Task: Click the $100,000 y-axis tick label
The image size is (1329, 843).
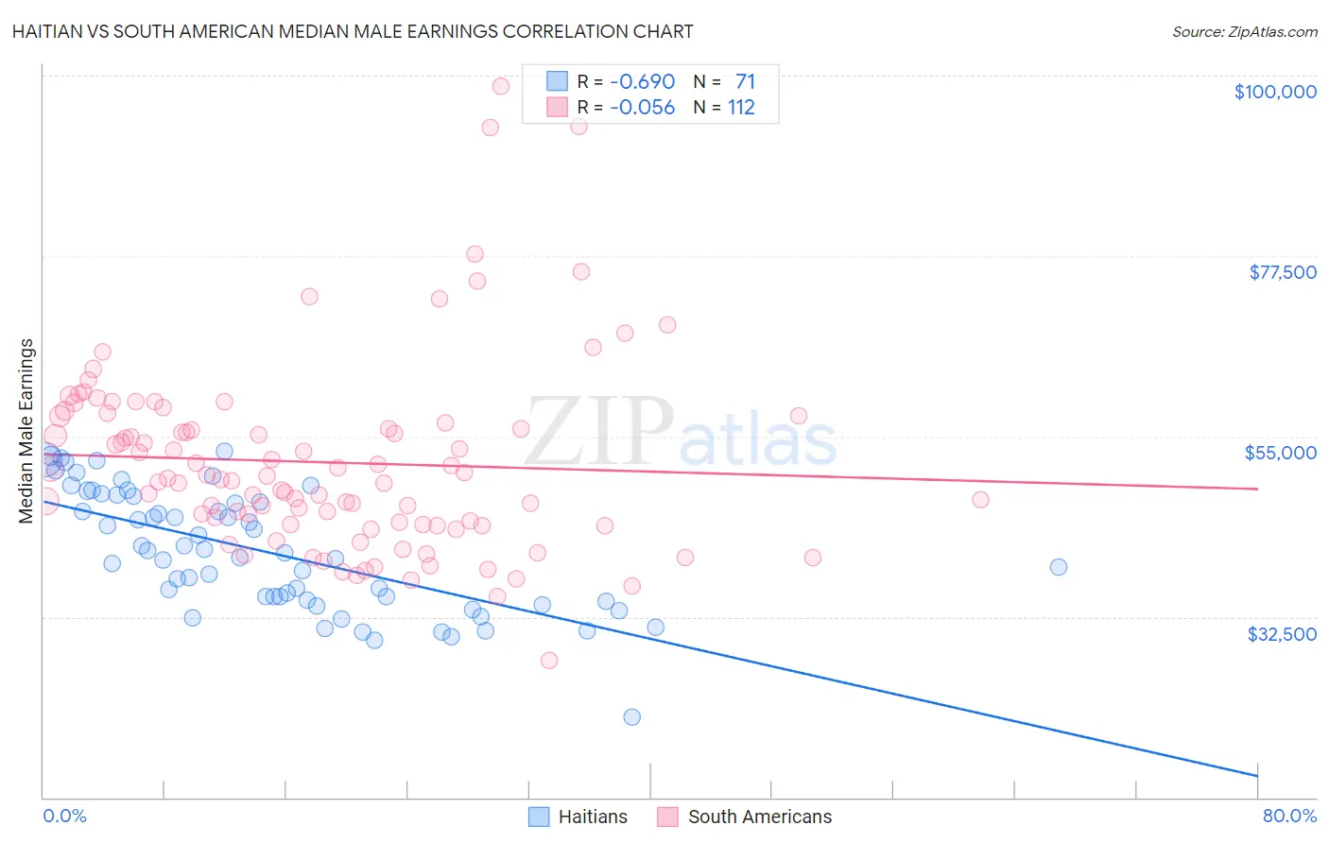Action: coord(1274,92)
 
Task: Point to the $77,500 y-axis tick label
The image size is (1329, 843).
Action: coord(1282,272)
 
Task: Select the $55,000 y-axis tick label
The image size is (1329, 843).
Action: coord(1280,453)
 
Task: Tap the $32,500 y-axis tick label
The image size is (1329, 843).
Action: coord(1281,634)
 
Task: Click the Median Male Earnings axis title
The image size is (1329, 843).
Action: coord(26,431)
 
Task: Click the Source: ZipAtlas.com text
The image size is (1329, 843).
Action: coord(1244,31)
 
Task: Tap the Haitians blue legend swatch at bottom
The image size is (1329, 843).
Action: coord(539,817)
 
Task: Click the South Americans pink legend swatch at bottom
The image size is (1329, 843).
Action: coord(668,817)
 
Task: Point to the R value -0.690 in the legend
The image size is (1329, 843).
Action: coord(642,81)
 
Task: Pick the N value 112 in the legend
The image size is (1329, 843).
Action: coord(741,108)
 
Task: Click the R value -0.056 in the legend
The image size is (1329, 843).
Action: coord(642,108)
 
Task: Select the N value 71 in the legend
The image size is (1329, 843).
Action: coord(745,81)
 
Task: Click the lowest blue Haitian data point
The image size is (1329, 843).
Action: coord(632,717)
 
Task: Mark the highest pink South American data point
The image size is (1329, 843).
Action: coord(501,86)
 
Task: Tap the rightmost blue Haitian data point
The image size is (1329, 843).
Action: coord(1059,567)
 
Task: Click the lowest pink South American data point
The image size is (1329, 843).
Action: coord(549,661)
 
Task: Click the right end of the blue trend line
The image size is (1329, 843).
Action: coord(1257,776)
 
